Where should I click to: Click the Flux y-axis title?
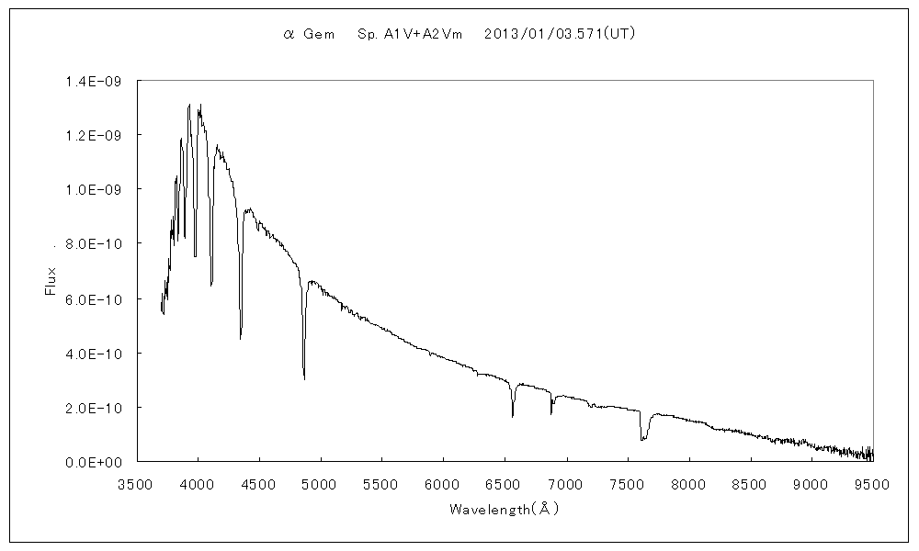point(51,280)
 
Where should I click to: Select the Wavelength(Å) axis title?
point(504,508)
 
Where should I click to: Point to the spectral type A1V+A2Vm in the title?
point(409,33)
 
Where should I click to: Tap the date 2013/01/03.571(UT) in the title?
point(560,33)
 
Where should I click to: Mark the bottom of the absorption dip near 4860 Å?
point(304,377)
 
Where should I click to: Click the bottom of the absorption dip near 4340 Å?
point(241,338)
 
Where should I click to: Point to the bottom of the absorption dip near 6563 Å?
point(513,416)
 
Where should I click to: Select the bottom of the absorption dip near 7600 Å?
point(642,440)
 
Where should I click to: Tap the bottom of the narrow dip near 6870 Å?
point(551,413)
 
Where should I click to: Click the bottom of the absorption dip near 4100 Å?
point(211,285)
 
